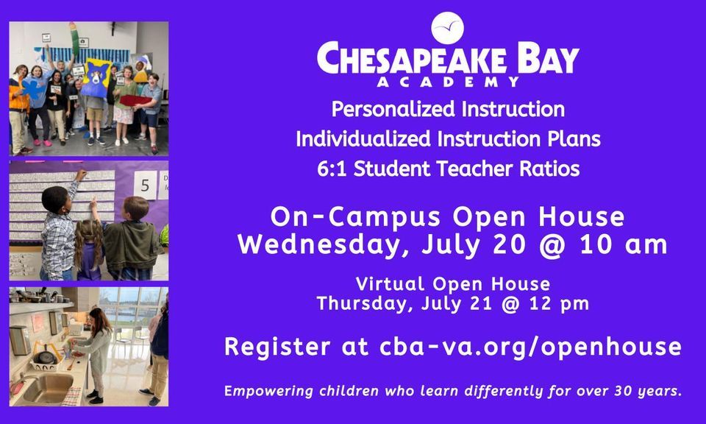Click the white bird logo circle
click(x=447, y=28)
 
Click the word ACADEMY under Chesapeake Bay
click(x=448, y=82)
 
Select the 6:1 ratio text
click(x=332, y=169)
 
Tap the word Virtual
click(x=390, y=284)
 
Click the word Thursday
click(x=365, y=304)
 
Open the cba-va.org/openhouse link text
click(x=530, y=347)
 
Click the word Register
click(x=277, y=347)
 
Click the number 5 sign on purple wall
click(x=145, y=185)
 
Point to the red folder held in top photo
click(x=135, y=101)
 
